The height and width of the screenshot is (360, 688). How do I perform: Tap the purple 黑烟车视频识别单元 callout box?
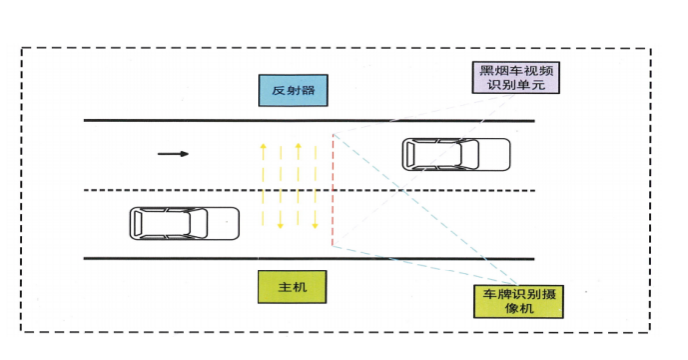[x=517, y=77]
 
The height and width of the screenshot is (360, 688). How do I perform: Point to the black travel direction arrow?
[x=173, y=154]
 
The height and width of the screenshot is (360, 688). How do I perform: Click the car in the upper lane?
[x=455, y=155]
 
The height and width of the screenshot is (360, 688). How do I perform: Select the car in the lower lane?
[x=184, y=223]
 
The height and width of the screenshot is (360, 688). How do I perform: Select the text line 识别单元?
[x=517, y=85]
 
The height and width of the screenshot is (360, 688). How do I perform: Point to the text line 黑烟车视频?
[x=517, y=69]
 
